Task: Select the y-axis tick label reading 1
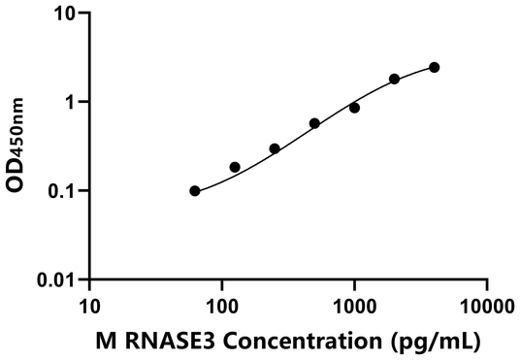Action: point(73,102)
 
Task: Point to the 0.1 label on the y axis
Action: point(65,191)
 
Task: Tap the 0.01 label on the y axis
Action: point(60,279)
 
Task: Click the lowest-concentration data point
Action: point(195,191)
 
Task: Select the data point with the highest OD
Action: point(434,67)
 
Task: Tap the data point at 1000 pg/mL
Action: point(354,108)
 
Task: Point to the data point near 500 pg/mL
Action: point(314,123)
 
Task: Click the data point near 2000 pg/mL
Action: point(394,79)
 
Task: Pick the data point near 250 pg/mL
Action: point(275,148)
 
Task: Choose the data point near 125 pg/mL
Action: point(235,167)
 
